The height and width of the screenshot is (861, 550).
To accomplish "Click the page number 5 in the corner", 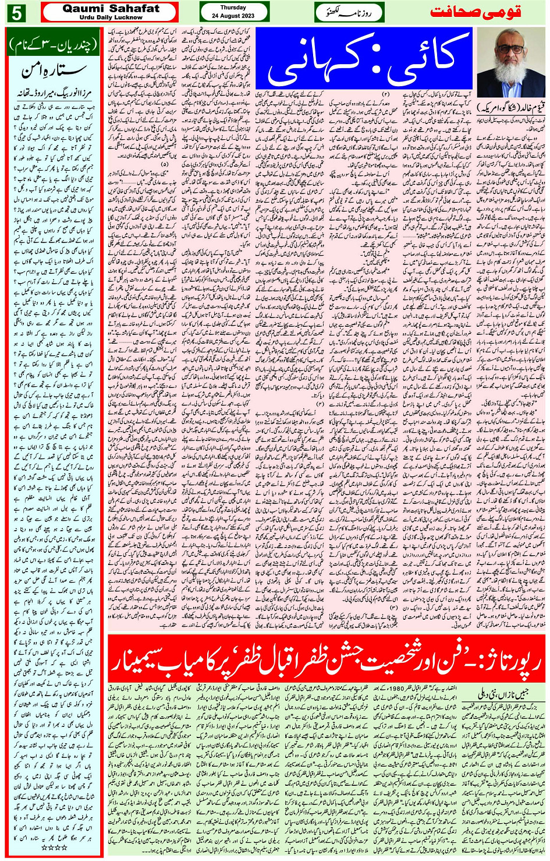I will [x=16, y=13].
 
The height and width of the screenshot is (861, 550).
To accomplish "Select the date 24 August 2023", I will [x=233, y=15].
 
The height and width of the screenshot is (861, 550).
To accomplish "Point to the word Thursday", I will [x=233, y=8].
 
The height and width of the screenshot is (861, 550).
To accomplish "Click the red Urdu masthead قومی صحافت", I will [x=476, y=12].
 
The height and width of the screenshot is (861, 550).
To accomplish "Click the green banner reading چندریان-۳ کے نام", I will [x=54, y=44].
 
